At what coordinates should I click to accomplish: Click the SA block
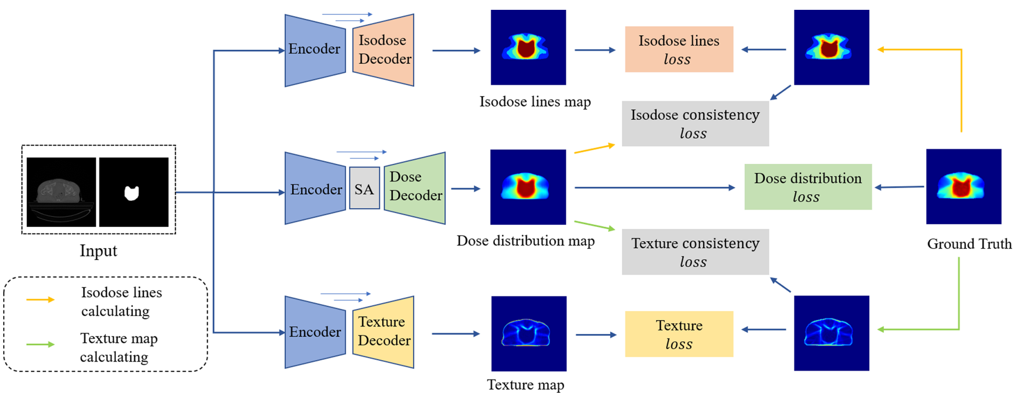(365, 188)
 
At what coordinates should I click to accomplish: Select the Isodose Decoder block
(383, 50)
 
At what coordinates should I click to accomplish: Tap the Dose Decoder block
(415, 188)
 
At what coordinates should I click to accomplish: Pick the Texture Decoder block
(383, 332)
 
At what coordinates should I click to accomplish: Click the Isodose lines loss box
(679, 49)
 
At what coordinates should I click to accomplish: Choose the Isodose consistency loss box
(695, 124)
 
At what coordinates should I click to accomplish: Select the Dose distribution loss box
(808, 187)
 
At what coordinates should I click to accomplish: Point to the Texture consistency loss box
(695, 252)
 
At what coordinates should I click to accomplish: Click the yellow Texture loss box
(679, 334)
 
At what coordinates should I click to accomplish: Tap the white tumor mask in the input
(132, 193)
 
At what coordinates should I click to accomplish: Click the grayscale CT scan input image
(61, 192)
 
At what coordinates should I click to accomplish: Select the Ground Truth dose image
(963, 186)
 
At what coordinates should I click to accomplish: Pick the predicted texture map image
(529, 334)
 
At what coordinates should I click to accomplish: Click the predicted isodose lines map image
(528, 47)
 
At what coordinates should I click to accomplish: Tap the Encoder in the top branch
(315, 51)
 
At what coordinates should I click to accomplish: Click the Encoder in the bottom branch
(315, 332)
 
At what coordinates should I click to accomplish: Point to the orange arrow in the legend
(41, 300)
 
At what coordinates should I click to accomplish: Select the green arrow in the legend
(41, 345)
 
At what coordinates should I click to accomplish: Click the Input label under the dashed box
(98, 251)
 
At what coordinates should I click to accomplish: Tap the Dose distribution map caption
(526, 241)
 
